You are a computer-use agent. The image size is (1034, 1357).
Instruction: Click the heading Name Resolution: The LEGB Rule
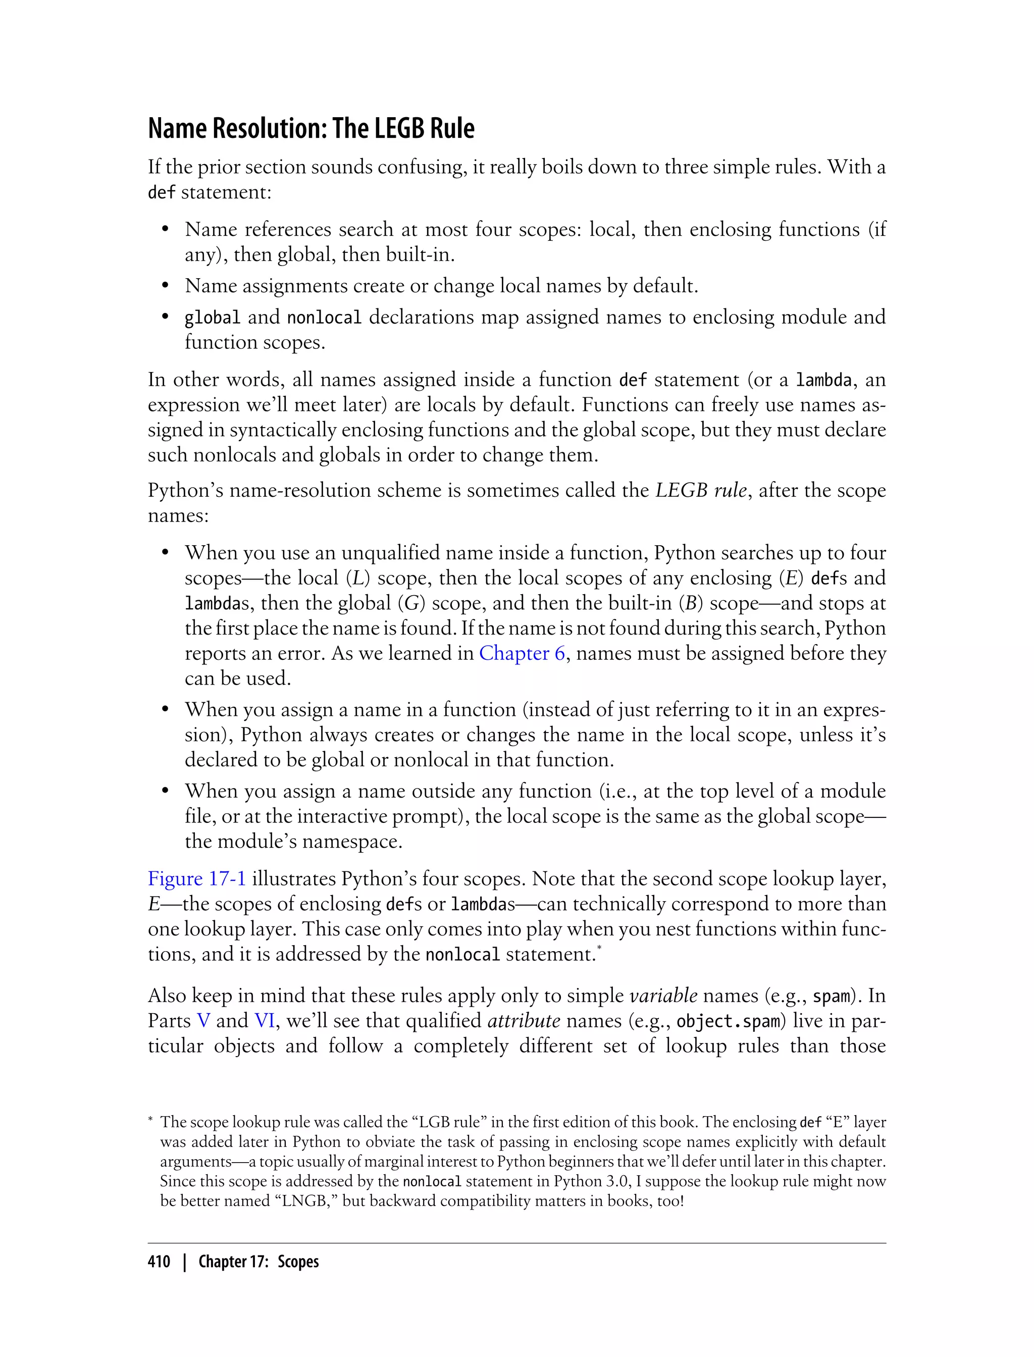click(x=311, y=129)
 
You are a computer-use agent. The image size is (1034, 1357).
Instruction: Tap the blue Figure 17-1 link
click(x=196, y=878)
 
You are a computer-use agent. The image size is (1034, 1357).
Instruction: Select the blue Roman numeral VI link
click(x=264, y=1020)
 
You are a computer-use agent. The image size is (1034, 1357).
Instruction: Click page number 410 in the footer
click(x=159, y=1262)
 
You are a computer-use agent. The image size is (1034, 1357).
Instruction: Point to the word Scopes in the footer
click(x=298, y=1262)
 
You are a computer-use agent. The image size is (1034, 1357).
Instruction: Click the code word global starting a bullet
click(x=212, y=318)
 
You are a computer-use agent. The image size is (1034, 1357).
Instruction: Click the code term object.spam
click(x=728, y=1021)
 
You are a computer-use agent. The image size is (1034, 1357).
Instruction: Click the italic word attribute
click(x=523, y=1020)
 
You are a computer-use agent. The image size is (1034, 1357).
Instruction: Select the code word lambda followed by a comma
click(x=823, y=380)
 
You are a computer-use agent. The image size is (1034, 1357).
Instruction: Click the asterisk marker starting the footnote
click(x=151, y=1121)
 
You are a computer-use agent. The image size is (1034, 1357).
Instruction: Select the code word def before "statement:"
click(x=161, y=193)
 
